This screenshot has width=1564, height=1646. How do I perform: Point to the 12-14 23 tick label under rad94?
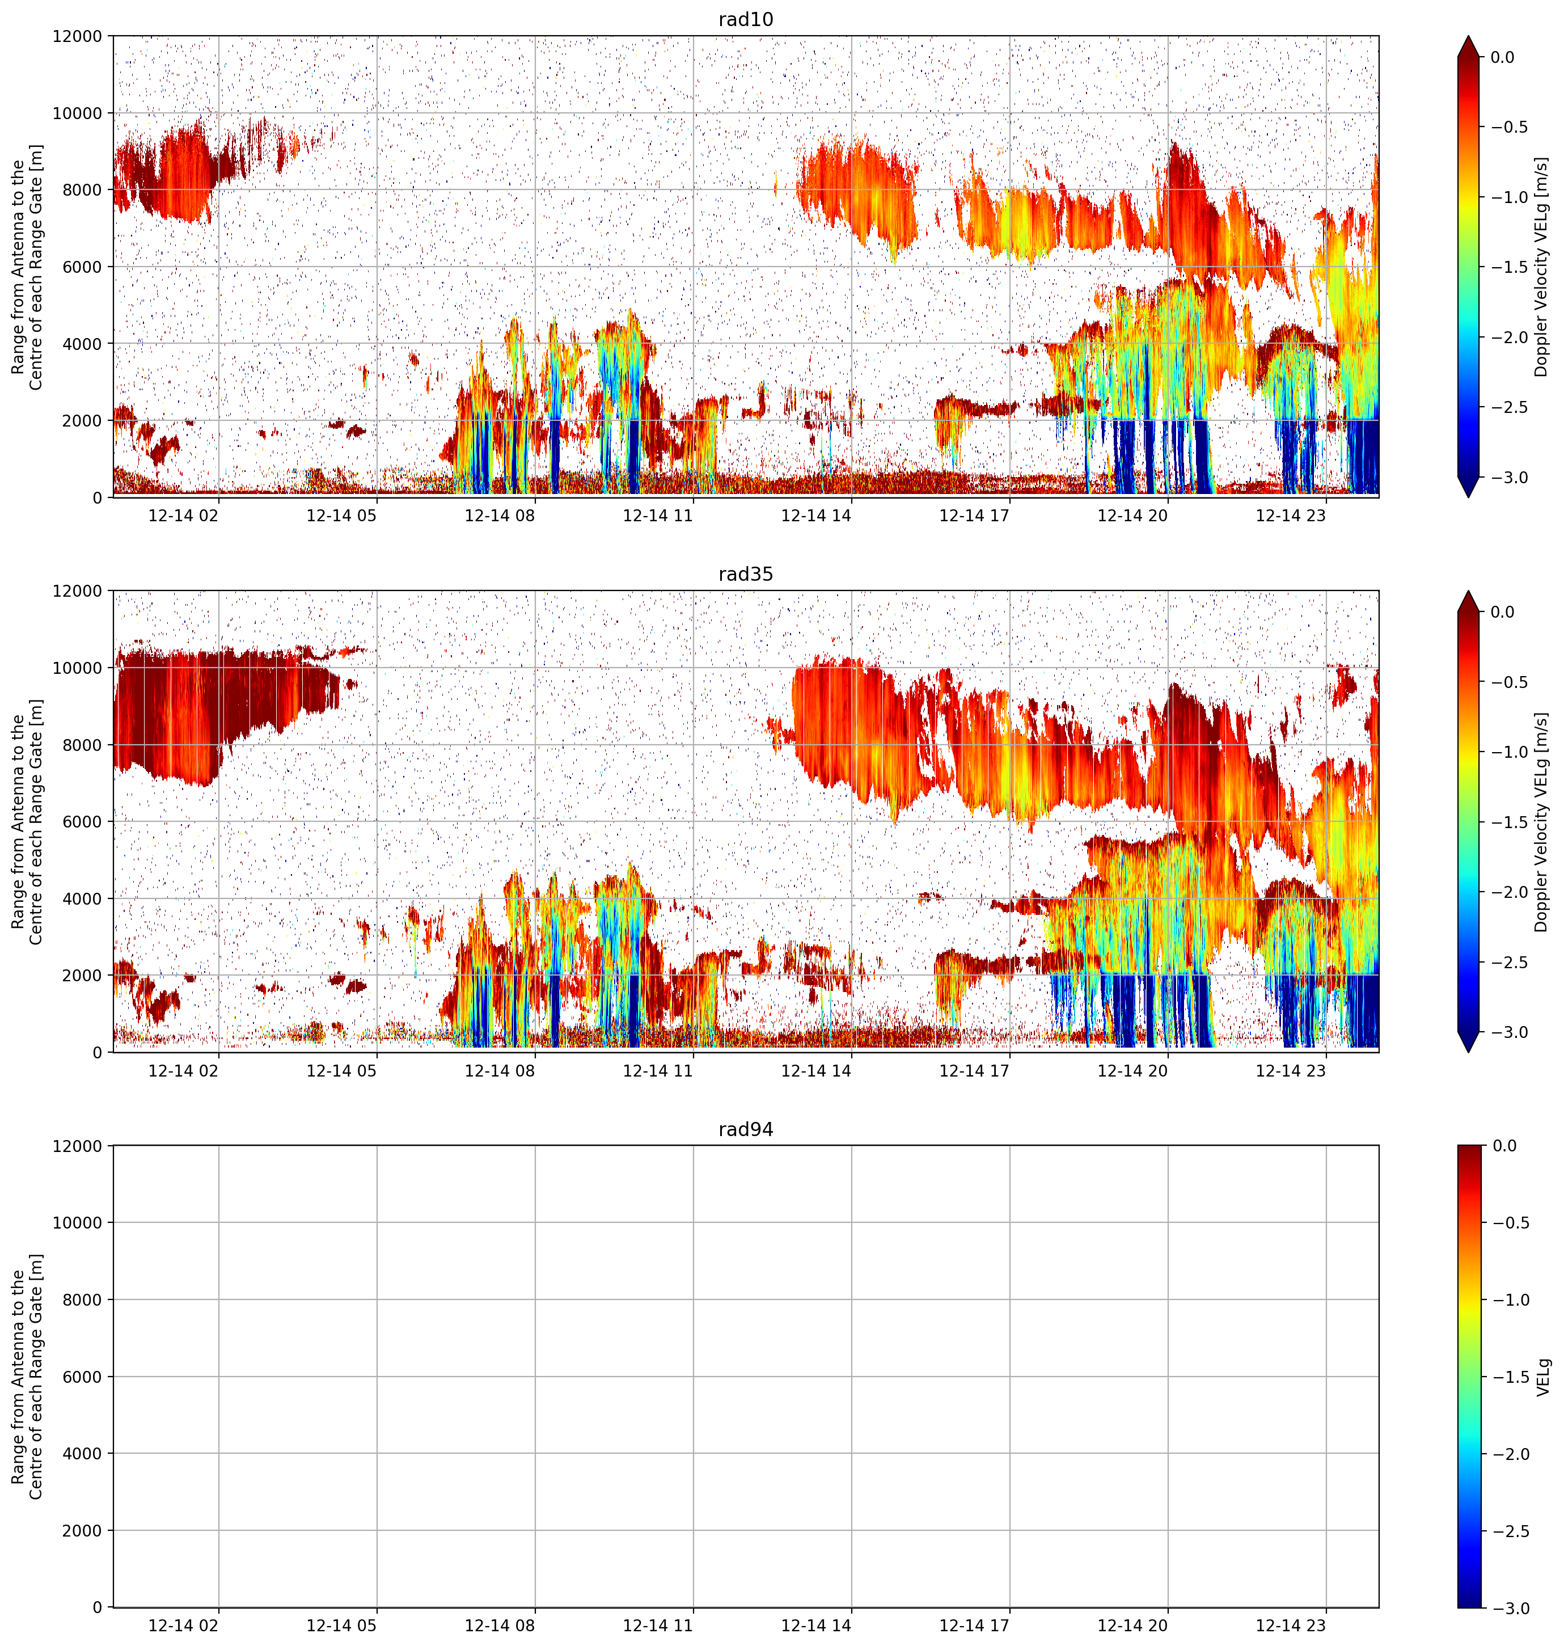click(x=1291, y=1625)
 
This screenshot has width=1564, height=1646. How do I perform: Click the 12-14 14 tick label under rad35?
click(x=816, y=1070)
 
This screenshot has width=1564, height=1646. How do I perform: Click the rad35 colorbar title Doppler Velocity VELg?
click(x=1543, y=822)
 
